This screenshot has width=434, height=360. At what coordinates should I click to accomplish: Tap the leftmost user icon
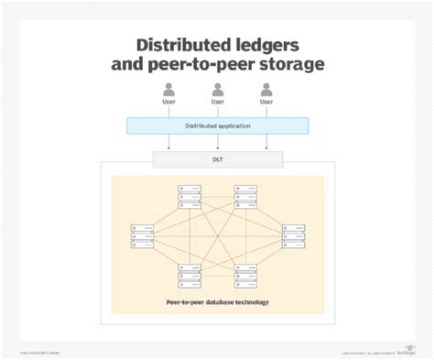tap(169, 90)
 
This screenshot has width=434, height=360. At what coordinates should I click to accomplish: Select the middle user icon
tap(218, 90)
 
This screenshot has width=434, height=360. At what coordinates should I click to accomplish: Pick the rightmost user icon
tap(266, 90)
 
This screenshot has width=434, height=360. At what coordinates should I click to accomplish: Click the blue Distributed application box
tap(218, 125)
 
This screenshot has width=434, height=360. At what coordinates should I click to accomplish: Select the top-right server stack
tap(244, 198)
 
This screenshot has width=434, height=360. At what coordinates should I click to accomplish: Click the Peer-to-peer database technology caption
tap(218, 301)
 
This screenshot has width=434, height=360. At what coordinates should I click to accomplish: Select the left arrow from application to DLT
tap(169, 142)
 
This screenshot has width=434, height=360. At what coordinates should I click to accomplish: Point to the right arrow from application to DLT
tap(266, 142)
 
